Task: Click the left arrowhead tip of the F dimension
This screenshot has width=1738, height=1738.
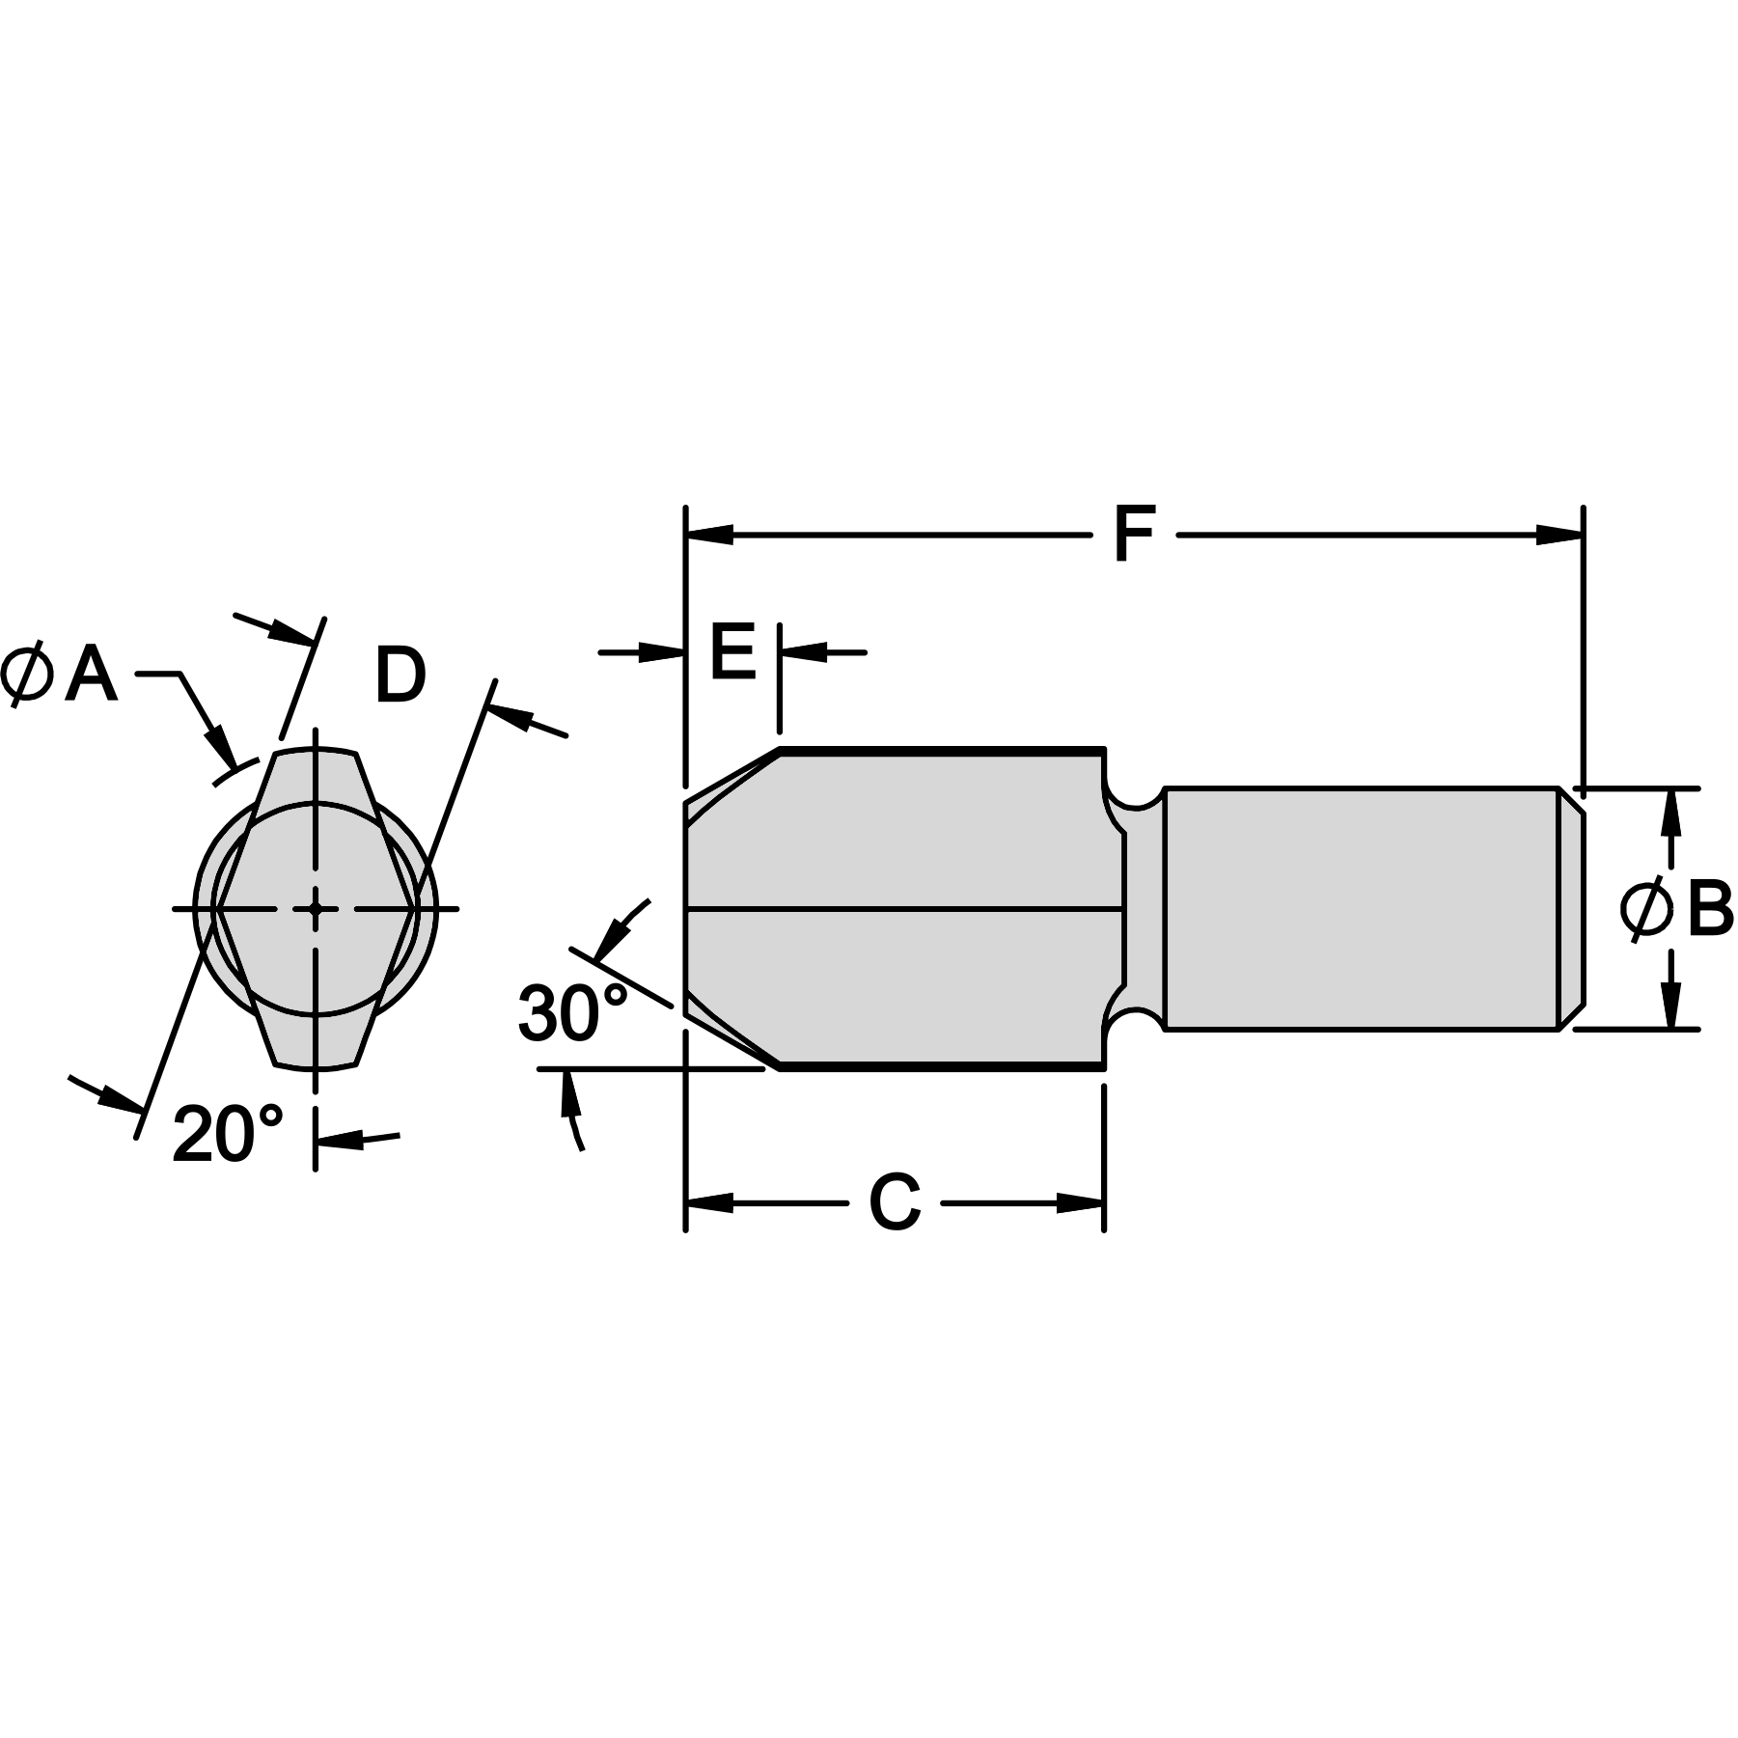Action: pyautogui.click(x=686, y=535)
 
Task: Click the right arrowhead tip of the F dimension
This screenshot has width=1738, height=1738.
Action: pyautogui.click(x=1583, y=535)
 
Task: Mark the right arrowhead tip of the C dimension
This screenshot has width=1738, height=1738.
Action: pyautogui.click(x=1103, y=1203)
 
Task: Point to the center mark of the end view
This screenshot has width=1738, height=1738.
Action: pyautogui.click(x=316, y=908)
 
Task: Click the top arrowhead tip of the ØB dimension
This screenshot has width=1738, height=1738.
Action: pyautogui.click(x=1673, y=789)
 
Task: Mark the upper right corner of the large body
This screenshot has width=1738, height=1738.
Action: pyautogui.click(x=1104, y=748)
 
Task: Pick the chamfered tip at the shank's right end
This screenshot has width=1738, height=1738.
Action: pyautogui.click(x=1571, y=909)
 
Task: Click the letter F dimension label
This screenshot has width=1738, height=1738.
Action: pyautogui.click(x=1134, y=535)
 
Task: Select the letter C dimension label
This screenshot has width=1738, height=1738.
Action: pyautogui.click(x=895, y=1203)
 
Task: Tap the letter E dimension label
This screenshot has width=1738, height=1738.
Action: pyautogui.click(x=732, y=652)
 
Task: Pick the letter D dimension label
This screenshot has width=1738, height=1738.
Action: pyautogui.click(x=400, y=676)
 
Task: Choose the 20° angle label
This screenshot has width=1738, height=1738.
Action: pyautogui.click(x=228, y=1133)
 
